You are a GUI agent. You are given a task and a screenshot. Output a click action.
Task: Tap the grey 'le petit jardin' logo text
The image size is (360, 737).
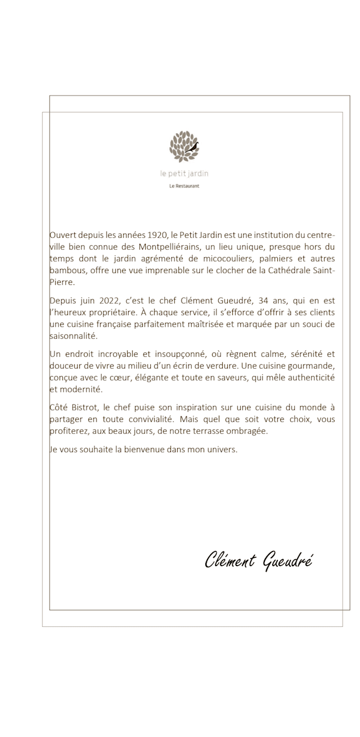coord(184,174)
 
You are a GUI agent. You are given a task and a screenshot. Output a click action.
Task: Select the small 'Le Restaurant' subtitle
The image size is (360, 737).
coord(184,186)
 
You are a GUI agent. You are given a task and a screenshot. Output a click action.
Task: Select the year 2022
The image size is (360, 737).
coord(110,300)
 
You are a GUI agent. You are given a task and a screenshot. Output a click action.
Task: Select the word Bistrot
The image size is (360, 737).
coord(85,408)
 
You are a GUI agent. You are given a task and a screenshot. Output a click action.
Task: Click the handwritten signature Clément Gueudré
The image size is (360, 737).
coord(258,560)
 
